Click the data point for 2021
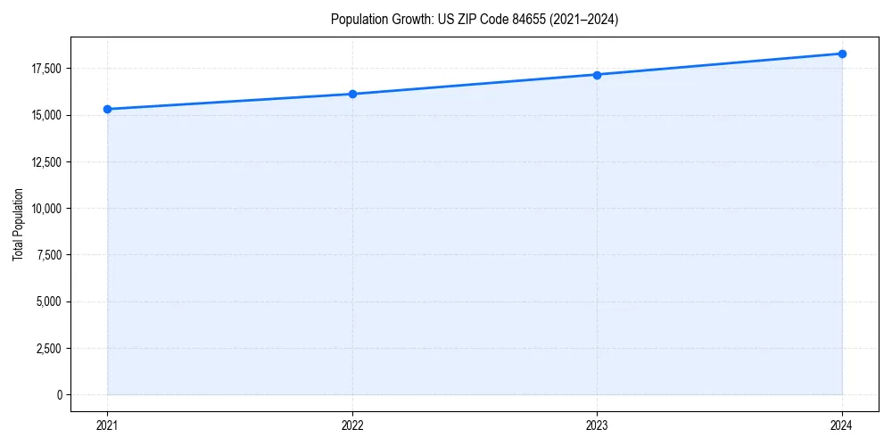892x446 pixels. (x=107, y=109)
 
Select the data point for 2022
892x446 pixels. (x=352, y=94)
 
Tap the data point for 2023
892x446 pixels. (x=597, y=75)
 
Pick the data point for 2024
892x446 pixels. (x=842, y=54)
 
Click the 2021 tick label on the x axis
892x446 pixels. (x=107, y=425)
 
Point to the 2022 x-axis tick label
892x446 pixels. (x=352, y=425)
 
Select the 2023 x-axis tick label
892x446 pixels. (x=597, y=425)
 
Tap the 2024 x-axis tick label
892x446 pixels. (x=842, y=425)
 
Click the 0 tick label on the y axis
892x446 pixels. (x=59, y=394)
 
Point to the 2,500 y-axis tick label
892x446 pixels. (x=48, y=348)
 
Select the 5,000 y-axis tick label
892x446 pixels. (x=48, y=301)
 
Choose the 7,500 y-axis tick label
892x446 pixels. (x=48, y=255)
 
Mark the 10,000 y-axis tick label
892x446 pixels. (x=45, y=209)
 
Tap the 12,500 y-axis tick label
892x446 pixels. (x=45, y=162)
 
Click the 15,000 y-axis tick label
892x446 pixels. (x=45, y=115)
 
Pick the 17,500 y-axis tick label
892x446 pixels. (x=45, y=69)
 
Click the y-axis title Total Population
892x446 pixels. (x=18, y=224)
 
